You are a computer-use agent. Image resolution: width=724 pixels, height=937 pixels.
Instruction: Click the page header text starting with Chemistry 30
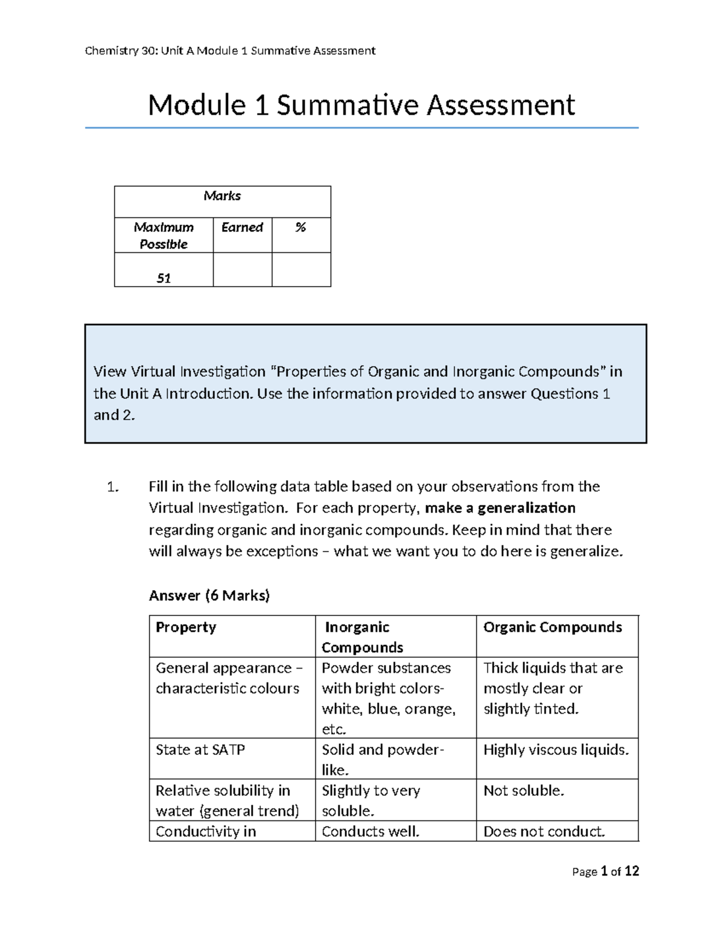click(230, 51)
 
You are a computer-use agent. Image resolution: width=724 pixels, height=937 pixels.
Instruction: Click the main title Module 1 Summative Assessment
click(361, 105)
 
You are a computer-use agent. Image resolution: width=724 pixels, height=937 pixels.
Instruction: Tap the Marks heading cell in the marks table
click(222, 196)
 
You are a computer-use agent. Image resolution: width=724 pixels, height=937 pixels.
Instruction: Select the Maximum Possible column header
click(164, 235)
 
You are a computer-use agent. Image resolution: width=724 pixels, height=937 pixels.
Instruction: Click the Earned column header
click(242, 227)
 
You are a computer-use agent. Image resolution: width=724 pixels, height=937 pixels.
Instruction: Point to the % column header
click(300, 227)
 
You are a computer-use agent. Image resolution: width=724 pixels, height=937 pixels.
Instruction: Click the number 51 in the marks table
click(164, 278)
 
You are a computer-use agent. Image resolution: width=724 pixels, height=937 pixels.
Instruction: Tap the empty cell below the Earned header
click(242, 270)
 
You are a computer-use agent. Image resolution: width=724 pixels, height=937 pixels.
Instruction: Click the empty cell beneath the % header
click(301, 270)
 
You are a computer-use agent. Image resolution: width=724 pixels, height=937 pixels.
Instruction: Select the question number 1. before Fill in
click(113, 487)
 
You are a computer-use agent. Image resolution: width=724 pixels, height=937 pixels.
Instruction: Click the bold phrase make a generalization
click(500, 508)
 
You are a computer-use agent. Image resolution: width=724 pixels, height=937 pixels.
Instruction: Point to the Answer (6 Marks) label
click(209, 596)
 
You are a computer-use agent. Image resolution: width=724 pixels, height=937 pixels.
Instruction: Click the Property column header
click(186, 627)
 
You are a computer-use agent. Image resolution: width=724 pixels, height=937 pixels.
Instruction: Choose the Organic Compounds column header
click(552, 627)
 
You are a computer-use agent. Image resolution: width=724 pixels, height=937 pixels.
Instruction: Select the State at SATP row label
click(200, 750)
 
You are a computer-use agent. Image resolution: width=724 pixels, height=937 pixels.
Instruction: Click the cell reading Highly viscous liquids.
click(556, 750)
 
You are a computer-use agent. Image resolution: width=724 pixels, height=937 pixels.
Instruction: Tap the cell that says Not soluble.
click(524, 791)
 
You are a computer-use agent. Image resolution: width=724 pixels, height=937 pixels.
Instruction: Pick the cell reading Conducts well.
click(370, 831)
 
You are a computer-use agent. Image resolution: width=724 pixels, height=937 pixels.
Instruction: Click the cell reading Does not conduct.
click(544, 831)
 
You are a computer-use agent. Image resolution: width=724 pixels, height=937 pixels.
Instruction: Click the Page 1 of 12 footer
click(605, 871)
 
